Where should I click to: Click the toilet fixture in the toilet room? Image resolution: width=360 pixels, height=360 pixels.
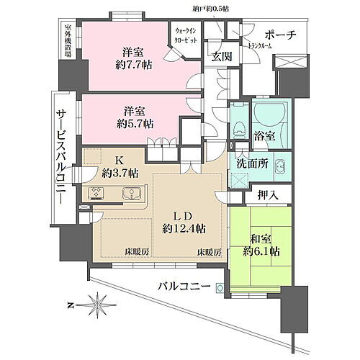pos(239,128)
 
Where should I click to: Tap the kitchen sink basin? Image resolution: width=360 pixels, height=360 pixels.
pos(131,193)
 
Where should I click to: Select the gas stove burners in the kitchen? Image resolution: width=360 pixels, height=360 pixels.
pos(96,193)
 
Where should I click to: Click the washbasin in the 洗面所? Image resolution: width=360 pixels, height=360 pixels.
pos(279,166)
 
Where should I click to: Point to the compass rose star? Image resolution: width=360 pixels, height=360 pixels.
pos(98,305)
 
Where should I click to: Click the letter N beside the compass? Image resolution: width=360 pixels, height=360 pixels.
pos(71,305)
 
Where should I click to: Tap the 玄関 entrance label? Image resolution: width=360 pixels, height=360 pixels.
pos(222,57)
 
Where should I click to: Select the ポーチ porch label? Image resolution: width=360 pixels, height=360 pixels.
pos(280,35)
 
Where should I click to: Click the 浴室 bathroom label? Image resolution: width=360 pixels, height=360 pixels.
pos(264,136)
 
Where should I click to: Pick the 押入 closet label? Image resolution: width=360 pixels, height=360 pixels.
pos(268,195)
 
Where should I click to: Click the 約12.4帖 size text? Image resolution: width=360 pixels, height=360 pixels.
pos(184,228)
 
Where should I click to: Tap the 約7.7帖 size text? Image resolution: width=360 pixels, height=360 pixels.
pos(134,65)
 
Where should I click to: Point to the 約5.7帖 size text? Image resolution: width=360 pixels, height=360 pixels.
pos(135,124)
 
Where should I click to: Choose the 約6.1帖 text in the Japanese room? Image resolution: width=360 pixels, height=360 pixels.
pos(261,251)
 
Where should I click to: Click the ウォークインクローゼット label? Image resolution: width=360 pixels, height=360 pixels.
pos(186,35)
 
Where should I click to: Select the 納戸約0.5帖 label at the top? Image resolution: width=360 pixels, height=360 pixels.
pos(210,9)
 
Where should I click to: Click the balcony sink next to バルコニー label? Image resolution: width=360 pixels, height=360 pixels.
pos(220,287)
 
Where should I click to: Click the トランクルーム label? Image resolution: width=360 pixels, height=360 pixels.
pos(259,47)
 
